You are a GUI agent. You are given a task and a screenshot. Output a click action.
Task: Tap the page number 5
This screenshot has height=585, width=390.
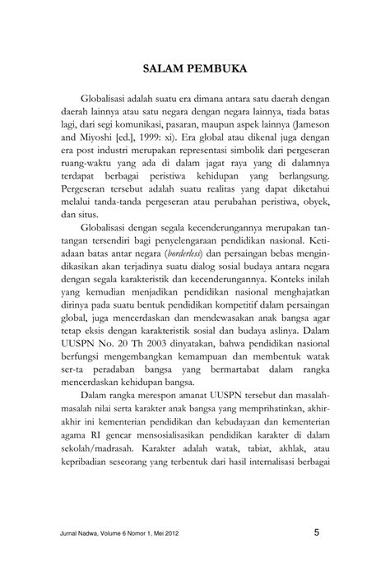[318, 533]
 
